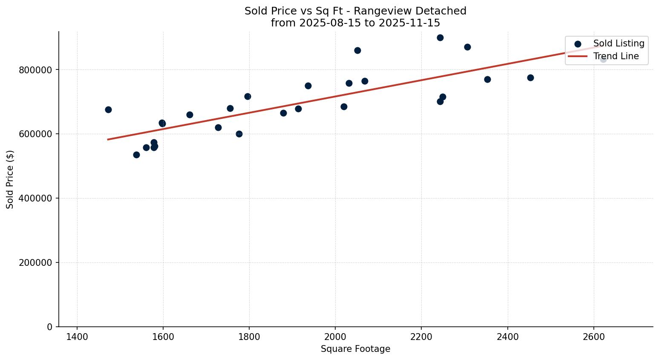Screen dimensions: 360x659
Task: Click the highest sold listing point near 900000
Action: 440,37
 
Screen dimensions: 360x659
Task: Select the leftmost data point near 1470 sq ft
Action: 108,109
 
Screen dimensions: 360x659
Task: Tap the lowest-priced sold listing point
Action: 136,155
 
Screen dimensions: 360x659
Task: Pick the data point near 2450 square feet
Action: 530,78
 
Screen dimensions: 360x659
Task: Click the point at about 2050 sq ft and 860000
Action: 357,50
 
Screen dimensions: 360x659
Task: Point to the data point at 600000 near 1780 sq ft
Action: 239,134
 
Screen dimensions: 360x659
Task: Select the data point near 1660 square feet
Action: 190,115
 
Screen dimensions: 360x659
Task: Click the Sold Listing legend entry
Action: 619,43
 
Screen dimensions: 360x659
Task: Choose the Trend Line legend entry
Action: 616,56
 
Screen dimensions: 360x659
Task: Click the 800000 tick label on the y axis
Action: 36,70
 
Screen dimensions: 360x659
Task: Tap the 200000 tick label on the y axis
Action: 36,263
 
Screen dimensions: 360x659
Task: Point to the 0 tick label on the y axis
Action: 50,327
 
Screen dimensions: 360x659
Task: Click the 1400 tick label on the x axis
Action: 77,337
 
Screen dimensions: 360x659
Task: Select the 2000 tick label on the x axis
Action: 335,337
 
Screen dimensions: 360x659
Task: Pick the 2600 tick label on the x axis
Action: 593,337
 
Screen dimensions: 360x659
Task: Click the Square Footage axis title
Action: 355,349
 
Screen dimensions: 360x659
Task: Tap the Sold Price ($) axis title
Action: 10,179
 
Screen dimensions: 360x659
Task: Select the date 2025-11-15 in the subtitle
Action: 413,23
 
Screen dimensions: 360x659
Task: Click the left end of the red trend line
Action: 108,139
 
